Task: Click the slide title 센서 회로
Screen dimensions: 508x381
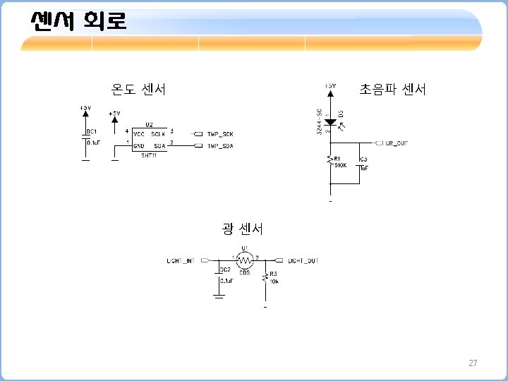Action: coord(78,21)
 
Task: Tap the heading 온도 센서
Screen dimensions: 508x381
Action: coord(139,89)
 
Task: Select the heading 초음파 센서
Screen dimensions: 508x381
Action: coord(393,89)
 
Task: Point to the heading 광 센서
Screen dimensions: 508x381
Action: coord(243,229)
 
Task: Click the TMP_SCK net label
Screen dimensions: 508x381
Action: coord(219,133)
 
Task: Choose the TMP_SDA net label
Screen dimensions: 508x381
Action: coord(219,146)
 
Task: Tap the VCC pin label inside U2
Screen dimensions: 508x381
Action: coord(139,133)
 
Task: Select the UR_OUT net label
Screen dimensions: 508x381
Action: coord(397,143)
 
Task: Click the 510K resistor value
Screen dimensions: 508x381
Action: coord(341,165)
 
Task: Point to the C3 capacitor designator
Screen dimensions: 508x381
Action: coord(363,160)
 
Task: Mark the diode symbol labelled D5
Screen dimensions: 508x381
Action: coord(329,122)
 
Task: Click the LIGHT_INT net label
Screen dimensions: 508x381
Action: coord(180,261)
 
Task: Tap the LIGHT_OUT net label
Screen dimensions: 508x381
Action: coord(303,261)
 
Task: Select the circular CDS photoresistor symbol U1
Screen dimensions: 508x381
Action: coord(244,260)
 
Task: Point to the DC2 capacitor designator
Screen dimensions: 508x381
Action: coord(225,270)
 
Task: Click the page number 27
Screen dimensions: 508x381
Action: coord(473,363)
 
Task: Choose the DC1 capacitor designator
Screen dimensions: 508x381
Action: coord(92,131)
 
